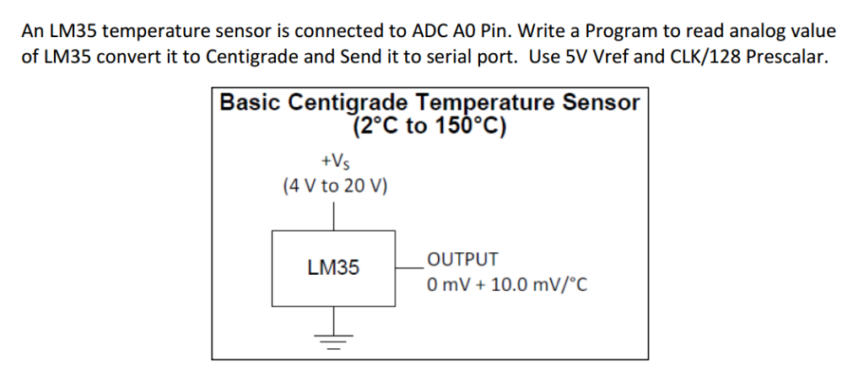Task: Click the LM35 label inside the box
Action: [x=333, y=268]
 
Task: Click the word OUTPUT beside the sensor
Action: [x=462, y=260]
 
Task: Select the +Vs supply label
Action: [x=334, y=160]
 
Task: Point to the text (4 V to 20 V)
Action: [x=335, y=186]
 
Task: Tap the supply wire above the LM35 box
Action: [x=335, y=216]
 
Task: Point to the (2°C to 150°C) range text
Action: [x=429, y=126]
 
